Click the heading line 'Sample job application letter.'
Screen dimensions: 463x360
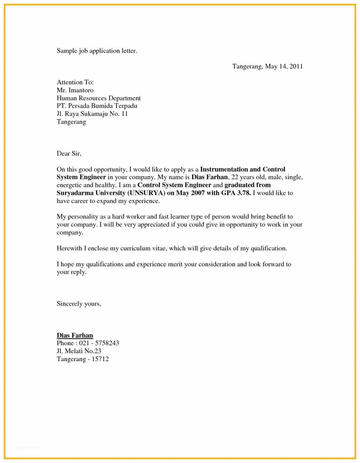97,51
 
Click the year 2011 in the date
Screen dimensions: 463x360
296,66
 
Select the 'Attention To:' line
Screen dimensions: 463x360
75,82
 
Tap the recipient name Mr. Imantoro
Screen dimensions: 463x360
75,90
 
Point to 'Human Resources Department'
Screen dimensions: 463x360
99,98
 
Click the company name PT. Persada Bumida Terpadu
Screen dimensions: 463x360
97,106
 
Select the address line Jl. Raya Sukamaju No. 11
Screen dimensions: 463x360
92,114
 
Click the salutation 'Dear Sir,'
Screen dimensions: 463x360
69,154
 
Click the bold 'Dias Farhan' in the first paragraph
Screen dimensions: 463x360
210,177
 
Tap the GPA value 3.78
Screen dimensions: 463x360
244,193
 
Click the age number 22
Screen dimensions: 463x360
235,177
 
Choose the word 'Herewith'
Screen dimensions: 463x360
69,248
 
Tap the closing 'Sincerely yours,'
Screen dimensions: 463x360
79,304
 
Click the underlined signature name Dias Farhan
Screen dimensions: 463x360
75,335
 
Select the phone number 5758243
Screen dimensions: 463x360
107,343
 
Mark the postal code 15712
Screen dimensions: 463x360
100,359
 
